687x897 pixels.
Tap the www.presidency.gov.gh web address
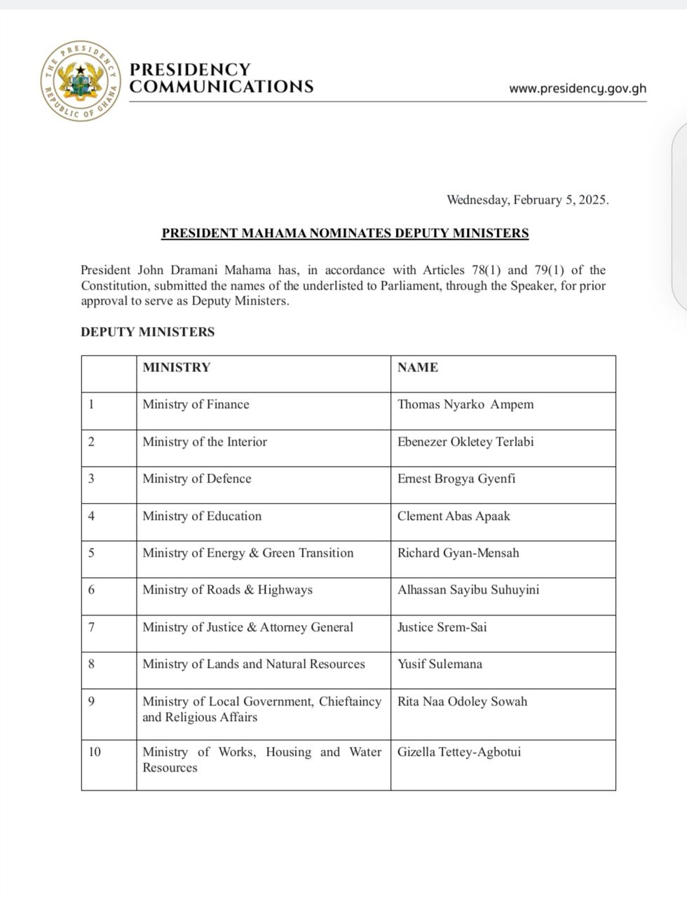click(x=578, y=89)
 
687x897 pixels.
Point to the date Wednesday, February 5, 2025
click(x=528, y=200)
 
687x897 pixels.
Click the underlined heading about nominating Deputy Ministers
click(x=345, y=233)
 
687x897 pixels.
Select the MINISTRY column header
click(x=176, y=367)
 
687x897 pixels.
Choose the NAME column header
click(x=417, y=367)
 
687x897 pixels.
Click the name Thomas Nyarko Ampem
click(x=465, y=404)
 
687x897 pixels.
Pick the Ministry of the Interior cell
click(x=205, y=441)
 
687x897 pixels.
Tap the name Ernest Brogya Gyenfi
click(x=457, y=479)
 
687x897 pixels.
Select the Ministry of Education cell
click(x=202, y=516)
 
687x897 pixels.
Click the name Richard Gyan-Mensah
click(x=458, y=553)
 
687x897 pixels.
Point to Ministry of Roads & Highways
click(x=227, y=590)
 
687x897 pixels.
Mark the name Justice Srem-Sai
click(x=442, y=627)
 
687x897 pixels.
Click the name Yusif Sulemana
click(x=440, y=664)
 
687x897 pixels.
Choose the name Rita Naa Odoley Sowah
click(x=462, y=701)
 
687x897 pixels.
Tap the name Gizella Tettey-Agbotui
click(x=459, y=753)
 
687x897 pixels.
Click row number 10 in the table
click(x=95, y=753)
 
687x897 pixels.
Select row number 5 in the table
click(x=91, y=553)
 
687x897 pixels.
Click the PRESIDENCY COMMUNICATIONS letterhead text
click(x=222, y=78)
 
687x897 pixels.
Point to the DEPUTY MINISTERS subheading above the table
click(x=147, y=332)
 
